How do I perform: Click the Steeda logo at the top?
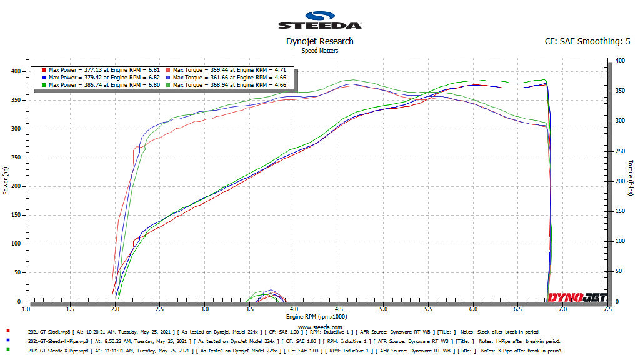pos(319,20)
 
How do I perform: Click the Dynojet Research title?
pos(319,41)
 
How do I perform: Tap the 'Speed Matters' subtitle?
pos(319,50)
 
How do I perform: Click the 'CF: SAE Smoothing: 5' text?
pos(587,42)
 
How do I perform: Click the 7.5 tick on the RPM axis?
pos(607,309)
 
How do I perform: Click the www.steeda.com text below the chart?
pos(319,326)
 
